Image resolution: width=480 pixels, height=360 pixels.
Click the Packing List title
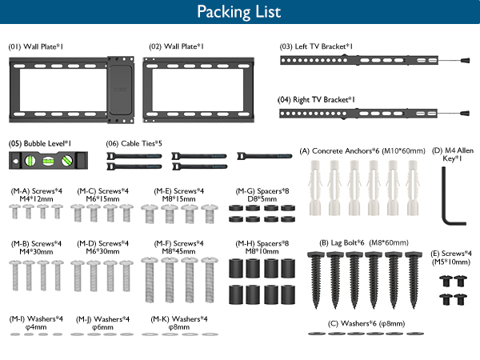(239, 12)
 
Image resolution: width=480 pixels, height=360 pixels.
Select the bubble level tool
(48, 160)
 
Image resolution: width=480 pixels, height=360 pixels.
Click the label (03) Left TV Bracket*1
(316, 46)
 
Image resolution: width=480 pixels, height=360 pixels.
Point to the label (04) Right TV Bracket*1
(316, 100)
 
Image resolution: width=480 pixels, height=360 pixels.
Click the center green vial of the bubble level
(48, 161)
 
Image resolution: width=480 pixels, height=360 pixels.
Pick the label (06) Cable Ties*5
(134, 143)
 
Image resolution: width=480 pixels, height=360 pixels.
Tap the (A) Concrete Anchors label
(362, 151)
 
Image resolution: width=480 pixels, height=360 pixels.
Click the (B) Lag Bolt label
(364, 242)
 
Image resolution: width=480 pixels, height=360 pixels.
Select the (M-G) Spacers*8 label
(262, 195)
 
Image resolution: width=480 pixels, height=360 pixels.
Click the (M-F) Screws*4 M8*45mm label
(178, 247)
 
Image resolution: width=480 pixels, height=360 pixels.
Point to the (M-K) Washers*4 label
(178, 323)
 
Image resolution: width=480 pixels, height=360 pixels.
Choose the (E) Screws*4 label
(451, 258)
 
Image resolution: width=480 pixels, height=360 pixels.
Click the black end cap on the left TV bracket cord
(464, 60)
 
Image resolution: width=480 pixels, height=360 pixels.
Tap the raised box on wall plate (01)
(121, 90)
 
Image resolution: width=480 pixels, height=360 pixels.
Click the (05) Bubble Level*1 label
(40, 143)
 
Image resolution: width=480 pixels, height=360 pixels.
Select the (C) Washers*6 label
(366, 323)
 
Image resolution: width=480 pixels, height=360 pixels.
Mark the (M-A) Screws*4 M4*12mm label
(37, 195)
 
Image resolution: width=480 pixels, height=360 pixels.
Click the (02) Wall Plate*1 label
(176, 46)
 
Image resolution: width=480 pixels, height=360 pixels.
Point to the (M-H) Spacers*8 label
(262, 247)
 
